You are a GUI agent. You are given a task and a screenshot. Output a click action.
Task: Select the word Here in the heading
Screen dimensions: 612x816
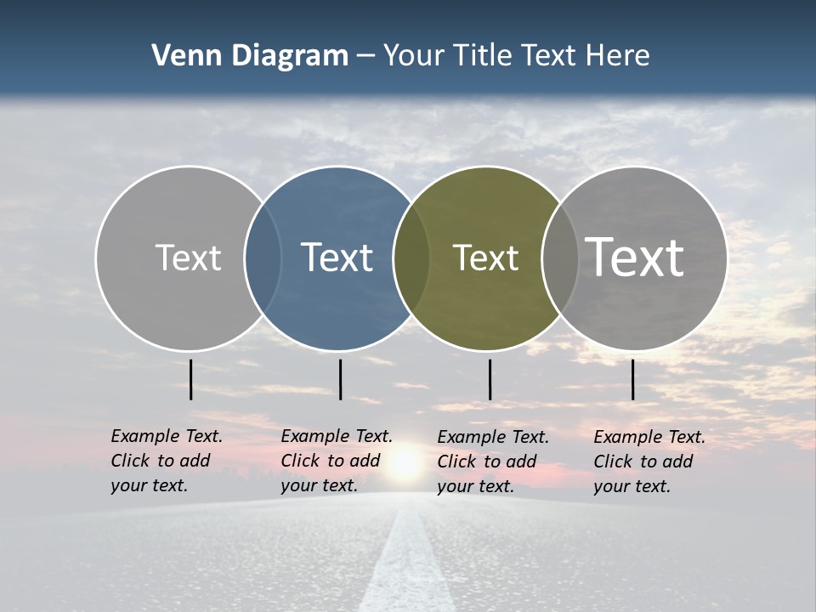(618, 56)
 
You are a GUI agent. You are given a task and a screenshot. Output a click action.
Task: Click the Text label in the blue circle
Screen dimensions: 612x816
(337, 258)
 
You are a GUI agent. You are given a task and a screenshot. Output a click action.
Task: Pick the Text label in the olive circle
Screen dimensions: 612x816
(485, 258)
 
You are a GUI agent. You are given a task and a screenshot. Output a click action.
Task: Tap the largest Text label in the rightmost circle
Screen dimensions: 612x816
(635, 257)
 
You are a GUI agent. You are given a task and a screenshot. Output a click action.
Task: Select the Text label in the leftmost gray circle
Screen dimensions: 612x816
(188, 258)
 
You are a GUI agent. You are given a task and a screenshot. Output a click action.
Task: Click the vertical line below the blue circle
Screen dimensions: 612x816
(340, 379)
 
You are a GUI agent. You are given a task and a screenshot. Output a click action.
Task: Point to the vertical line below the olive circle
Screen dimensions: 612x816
(490, 379)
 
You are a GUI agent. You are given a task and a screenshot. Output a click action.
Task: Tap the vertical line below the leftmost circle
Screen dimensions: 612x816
(190, 379)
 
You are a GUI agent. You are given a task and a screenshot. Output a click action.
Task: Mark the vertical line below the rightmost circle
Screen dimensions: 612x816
(632, 379)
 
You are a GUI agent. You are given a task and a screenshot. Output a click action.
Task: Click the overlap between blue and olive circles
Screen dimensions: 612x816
(411, 258)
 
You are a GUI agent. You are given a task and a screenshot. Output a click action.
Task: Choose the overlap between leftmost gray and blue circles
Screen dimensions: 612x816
(263, 258)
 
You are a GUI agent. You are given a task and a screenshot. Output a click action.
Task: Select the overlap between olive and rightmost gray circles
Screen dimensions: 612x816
(559, 258)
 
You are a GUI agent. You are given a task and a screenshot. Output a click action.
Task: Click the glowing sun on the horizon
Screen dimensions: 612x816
(405, 463)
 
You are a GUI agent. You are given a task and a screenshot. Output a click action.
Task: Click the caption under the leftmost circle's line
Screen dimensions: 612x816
(166, 461)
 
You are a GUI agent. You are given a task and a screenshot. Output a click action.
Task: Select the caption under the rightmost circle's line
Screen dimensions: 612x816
(649, 462)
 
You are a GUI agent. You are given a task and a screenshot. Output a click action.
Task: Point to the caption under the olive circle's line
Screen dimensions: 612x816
(492, 462)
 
